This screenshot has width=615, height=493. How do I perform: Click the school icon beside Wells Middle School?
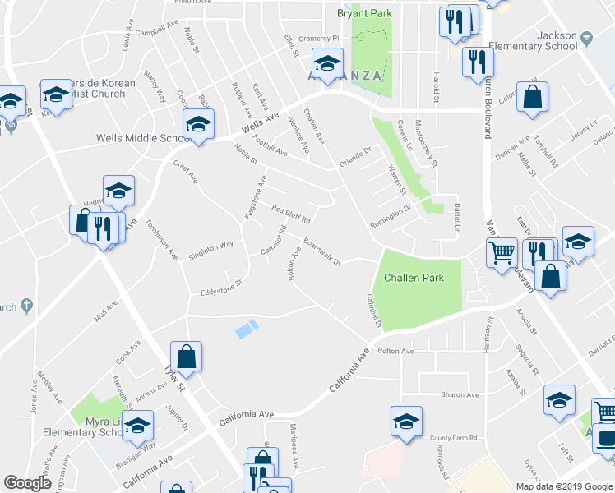click(198, 125)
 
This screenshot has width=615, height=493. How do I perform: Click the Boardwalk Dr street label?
click(321, 251)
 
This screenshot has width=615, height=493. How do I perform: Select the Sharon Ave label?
click(460, 394)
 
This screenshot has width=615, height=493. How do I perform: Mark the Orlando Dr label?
click(356, 156)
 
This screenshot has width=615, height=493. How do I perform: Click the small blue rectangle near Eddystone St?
click(246, 329)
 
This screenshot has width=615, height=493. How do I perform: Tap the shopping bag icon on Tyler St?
click(187, 357)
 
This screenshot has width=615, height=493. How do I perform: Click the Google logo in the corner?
click(28, 482)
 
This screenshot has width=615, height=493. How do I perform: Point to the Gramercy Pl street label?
click(319, 39)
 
